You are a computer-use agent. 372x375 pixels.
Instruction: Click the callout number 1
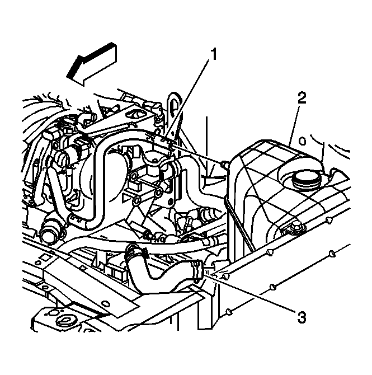[214, 54]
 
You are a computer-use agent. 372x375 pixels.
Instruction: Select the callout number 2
[302, 97]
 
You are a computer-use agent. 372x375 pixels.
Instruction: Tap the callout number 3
[302, 317]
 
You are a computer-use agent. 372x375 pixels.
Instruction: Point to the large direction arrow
[92, 64]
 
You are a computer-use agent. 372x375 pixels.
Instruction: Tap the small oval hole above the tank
[303, 142]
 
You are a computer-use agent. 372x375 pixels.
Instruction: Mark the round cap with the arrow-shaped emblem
[65, 321]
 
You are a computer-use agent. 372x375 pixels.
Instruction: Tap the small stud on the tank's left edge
[224, 165]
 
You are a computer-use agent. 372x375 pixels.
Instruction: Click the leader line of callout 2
[294, 124]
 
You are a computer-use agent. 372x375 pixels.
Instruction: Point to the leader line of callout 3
[253, 293]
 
